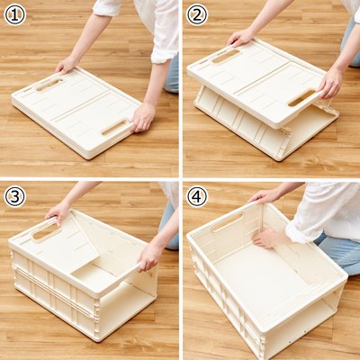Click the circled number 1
[15, 15]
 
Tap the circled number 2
[197, 15]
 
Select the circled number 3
[15, 196]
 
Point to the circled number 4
[197, 196]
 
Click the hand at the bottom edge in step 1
[142, 117]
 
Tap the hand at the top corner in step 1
[67, 65]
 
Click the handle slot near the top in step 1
[49, 85]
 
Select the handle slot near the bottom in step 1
[116, 127]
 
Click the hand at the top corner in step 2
[240, 38]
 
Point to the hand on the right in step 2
[330, 82]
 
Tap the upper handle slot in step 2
[226, 57]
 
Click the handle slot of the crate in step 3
[47, 231]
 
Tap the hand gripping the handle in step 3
[58, 211]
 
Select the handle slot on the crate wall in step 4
[228, 222]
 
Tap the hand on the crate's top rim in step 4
[264, 196]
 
